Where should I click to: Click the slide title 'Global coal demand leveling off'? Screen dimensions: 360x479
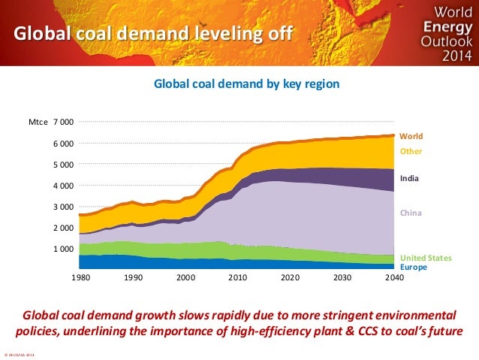(x=149, y=34)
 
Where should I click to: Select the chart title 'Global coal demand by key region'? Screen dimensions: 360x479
(x=246, y=84)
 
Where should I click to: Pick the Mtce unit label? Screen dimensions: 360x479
(x=38, y=123)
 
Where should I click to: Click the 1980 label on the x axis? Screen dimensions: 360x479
(x=80, y=277)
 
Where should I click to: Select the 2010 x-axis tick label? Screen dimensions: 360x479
(x=236, y=277)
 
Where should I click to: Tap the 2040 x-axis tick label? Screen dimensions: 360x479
(x=394, y=277)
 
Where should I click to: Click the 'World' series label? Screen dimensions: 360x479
(x=411, y=137)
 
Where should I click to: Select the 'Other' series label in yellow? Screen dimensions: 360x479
(x=411, y=151)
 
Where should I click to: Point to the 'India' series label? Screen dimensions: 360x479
(x=409, y=179)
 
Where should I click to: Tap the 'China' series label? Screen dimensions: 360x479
(x=410, y=213)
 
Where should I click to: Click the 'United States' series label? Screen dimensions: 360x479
(x=425, y=258)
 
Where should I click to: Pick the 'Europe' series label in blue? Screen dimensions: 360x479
(x=412, y=267)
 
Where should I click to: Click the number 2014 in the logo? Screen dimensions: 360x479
(x=446, y=56)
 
